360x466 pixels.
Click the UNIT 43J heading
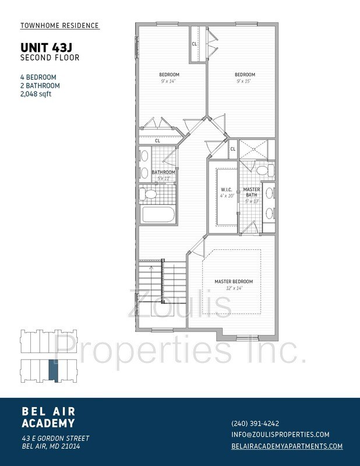[47, 48]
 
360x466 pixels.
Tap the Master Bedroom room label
[234, 281]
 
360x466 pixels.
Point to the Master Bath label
[252, 192]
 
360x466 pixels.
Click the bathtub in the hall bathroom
[158, 214]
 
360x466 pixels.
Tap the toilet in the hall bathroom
[149, 195]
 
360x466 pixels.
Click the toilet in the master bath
[265, 171]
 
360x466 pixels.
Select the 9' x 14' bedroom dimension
[168, 81]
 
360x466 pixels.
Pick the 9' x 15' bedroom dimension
[244, 81]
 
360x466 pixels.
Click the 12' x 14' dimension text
[234, 288]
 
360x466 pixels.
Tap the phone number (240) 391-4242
[255, 423]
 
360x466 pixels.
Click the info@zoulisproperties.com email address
[280, 435]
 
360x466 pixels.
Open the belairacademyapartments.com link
[287, 446]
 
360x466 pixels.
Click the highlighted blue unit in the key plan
[54, 370]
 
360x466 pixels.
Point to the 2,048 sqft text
[36, 94]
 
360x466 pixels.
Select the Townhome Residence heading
[59, 26]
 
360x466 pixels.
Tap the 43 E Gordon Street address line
[55, 439]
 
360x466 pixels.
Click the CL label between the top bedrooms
[194, 44]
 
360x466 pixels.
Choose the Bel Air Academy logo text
[48, 417]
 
